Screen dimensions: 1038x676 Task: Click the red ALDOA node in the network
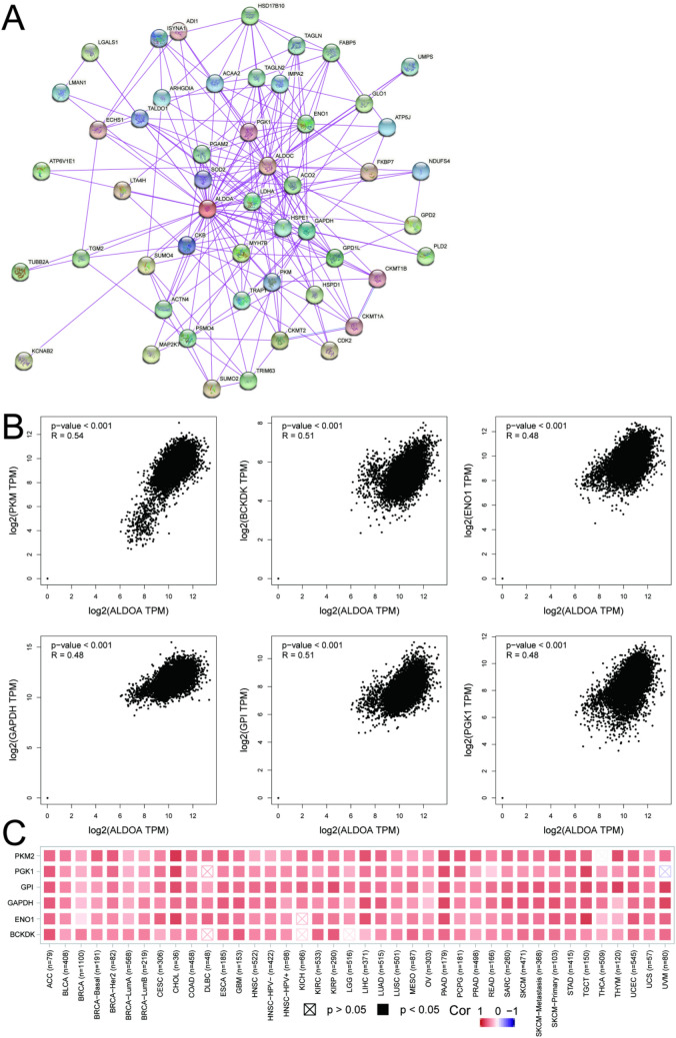pos(208,208)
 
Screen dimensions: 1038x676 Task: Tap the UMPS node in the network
pos(410,67)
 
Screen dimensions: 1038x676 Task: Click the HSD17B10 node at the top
pos(251,15)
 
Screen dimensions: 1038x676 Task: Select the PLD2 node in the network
pos(426,257)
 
